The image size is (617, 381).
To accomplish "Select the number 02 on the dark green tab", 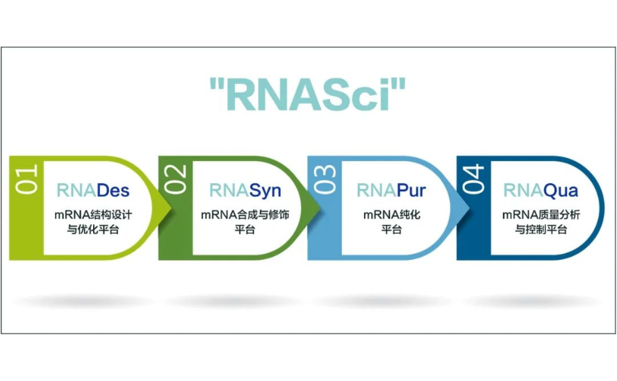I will [175, 178].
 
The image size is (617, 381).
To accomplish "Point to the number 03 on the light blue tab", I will [324, 178].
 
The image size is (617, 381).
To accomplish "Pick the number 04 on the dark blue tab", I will [473, 178].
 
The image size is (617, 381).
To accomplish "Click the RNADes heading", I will [93, 190].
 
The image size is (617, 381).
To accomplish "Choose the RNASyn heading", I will [245, 190].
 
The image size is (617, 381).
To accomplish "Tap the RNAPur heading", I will [391, 190].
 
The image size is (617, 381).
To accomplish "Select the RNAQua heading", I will [541, 190].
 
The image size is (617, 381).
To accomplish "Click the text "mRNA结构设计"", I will [93, 214].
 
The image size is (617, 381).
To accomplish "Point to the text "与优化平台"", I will [93, 229].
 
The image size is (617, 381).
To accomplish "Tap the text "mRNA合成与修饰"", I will [245, 214].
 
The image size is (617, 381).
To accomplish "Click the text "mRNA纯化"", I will [391, 214].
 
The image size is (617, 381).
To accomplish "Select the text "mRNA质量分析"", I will [541, 214].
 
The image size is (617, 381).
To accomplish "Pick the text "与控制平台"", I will [541, 229].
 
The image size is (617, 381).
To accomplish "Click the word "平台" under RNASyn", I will [245, 229].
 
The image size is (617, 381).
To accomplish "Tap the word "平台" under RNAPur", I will [391, 229].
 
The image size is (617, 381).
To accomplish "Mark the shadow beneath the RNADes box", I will [83, 301].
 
